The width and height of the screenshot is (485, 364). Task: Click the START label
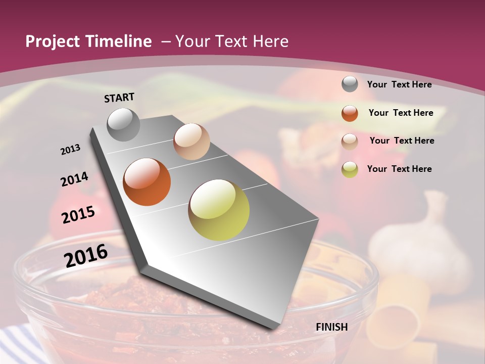tap(119, 98)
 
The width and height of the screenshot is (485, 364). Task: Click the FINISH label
tap(332, 327)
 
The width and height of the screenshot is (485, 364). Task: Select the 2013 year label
tap(70, 150)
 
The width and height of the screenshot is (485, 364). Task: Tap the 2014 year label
tap(74, 179)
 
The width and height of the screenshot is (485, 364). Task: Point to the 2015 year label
tap(78, 215)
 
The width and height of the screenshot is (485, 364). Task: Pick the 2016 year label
tap(86, 256)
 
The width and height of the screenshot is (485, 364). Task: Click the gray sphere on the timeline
tap(123, 124)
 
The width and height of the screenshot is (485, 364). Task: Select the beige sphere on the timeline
tap(191, 142)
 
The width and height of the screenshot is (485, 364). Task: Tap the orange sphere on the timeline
tap(147, 182)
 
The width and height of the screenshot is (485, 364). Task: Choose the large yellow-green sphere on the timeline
tap(219, 210)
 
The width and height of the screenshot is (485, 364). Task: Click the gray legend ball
tap(350, 84)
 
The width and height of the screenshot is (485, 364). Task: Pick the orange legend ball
tap(350, 113)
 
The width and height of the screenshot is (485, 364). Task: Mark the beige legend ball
tap(350, 141)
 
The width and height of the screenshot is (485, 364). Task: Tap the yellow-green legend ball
tap(350, 169)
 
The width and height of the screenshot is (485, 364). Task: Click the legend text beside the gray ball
tap(399, 84)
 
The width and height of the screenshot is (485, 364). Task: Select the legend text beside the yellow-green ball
tap(399, 169)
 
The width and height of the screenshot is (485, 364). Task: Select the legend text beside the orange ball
tap(401, 113)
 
